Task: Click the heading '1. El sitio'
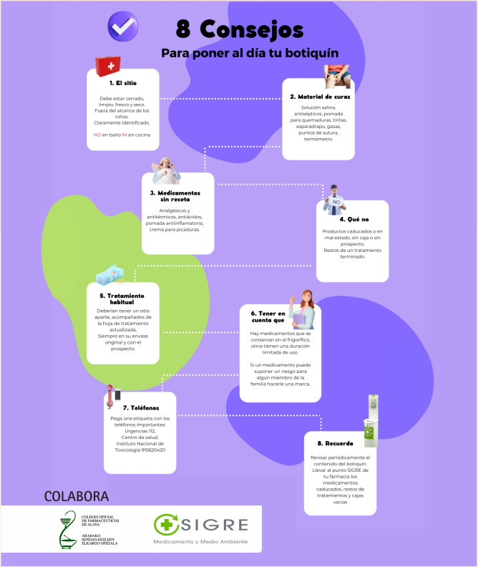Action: (x=122, y=83)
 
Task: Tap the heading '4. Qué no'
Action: (x=353, y=218)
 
